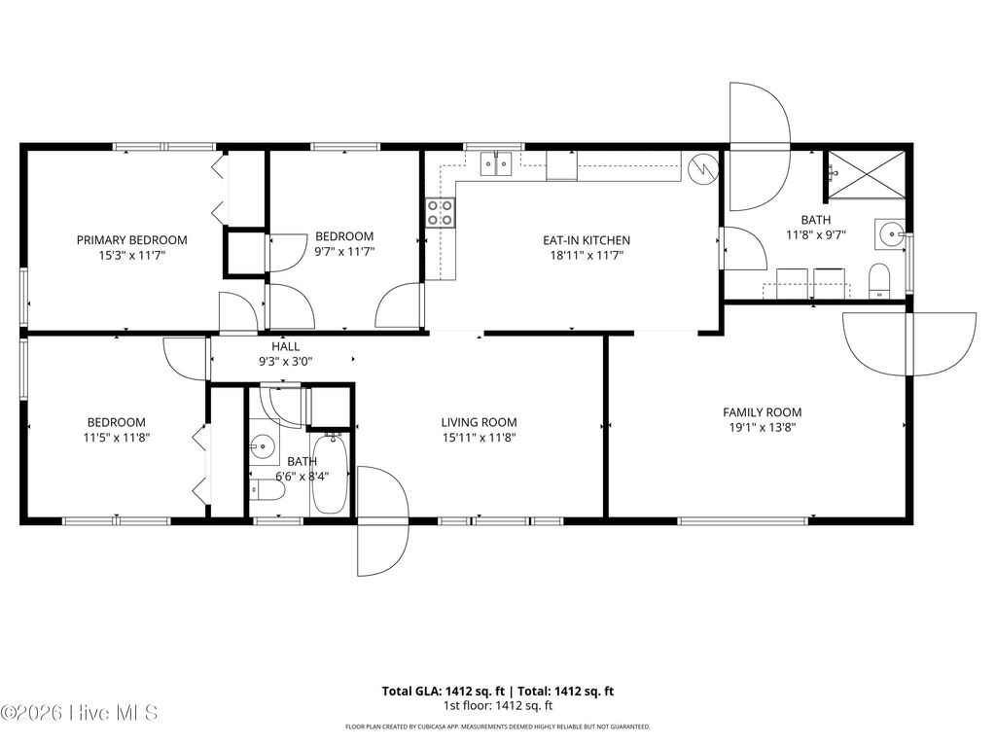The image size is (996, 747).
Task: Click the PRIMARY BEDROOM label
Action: click(132, 239)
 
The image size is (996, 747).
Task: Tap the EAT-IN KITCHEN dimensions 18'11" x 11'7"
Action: click(587, 256)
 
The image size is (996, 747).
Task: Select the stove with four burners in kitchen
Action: click(440, 212)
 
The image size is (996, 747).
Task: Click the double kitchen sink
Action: click(499, 165)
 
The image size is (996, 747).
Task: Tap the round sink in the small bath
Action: click(262, 447)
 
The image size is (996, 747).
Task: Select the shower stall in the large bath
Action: click(865, 174)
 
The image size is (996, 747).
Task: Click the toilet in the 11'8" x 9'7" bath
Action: click(879, 279)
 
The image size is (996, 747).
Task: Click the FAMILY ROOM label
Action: click(762, 412)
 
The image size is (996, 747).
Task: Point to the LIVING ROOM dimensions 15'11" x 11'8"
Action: click(479, 438)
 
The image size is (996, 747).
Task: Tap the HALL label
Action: click(285, 346)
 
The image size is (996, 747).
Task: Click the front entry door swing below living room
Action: click(382, 521)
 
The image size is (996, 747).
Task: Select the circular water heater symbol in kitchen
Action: click(700, 168)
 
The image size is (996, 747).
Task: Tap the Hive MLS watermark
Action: click(80, 713)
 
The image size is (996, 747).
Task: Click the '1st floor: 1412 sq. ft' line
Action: click(498, 705)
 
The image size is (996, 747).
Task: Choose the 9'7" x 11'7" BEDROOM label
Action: click(344, 236)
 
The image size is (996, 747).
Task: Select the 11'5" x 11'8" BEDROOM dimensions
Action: click(117, 438)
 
